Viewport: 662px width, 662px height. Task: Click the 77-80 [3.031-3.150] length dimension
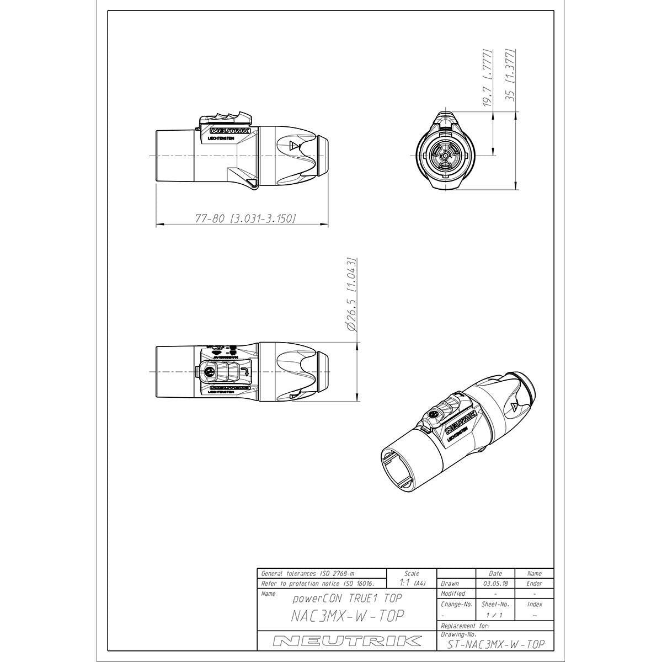pyautogui.click(x=245, y=218)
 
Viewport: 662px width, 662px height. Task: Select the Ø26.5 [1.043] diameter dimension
pyautogui.click(x=351, y=293)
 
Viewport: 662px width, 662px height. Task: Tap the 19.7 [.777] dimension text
pyautogui.click(x=487, y=77)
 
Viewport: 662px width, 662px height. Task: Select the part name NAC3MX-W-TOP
pyautogui.click(x=348, y=616)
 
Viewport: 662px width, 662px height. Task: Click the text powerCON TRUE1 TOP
pyautogui.click(x=347, y=598)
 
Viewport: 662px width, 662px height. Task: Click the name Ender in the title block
pyautogui.click(x=534, y=583)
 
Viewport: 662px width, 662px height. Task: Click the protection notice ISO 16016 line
pyautogui.click(x=317, y=583)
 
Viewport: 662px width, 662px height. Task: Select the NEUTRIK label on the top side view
pyautogui.click(x=231, y=131)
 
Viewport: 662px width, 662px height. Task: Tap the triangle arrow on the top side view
pyautogui.click(x=295, y=147)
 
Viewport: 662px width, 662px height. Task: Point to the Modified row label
pyautogui.click(x=453, y=594)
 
